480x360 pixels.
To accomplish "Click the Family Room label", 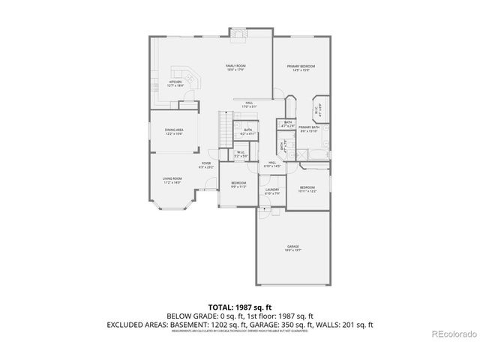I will point(236,67).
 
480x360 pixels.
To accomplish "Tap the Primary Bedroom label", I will point(300,68).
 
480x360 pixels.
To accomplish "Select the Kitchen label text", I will point(175,84).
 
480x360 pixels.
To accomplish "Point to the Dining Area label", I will point(174,132).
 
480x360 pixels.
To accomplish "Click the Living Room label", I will point(172,180).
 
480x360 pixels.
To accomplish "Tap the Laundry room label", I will point(271,190).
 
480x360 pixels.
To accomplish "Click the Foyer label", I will point(205,164).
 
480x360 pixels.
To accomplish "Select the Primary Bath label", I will point(309,129).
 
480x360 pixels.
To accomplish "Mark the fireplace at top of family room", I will point(239,33).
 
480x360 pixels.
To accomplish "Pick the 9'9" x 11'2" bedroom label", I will point(238,184).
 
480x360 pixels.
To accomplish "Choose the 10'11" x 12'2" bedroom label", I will point(307,189).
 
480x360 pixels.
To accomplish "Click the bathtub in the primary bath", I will point(315,153).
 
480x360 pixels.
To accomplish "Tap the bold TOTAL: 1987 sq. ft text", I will point(240,307).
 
